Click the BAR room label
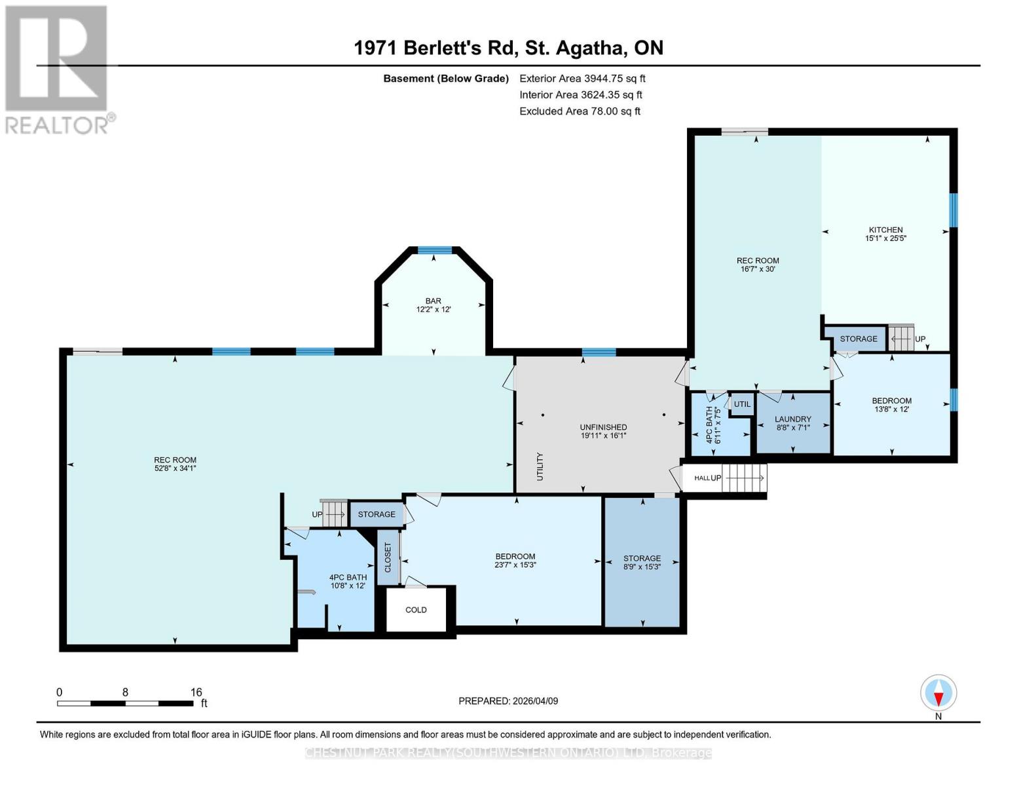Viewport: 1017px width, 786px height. pyautogui.click(x=433, y=301)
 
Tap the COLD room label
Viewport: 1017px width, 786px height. pyautogui.click(x=416, y=610)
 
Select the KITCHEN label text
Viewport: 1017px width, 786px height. pyautogui.click(x=885, y=230)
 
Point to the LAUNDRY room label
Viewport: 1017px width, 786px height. pyautogui.click(x=792, y=419)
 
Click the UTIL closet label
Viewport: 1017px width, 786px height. pyautogui.click(x=742, y=404)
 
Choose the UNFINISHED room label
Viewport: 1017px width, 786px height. pyautogui.click(x=603, y=427)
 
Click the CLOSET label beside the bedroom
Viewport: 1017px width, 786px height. pyautogui.click(x=388, y=557)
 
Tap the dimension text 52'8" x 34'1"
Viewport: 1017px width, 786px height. pyautogui.click(x=175, y=468)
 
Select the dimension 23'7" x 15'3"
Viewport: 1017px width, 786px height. pyautogui.click(x=515, y=565)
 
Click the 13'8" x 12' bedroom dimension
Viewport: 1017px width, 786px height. pyautogui.click(x=891, y=409)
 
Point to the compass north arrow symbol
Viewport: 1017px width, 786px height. pyautogui.click(x=938, y=693)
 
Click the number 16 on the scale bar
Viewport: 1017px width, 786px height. pyautogui.click(x=196, y=692)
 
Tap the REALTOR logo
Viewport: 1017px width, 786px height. pyautogui.click(x=57, y=69)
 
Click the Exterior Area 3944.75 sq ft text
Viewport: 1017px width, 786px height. pyautogui.click(x=582, y=79)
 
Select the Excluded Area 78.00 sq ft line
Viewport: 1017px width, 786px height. pyautogui.click(x=580, y=111)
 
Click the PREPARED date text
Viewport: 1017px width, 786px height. pyautogui.click(x=508, y=701)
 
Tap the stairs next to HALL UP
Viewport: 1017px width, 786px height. pyautogui.click(x=744, y=478)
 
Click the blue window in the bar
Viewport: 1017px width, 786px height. pyautogui.click(x=435, y=250)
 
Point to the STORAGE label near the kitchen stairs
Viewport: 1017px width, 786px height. pyautogui.click(x=858, y=339)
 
